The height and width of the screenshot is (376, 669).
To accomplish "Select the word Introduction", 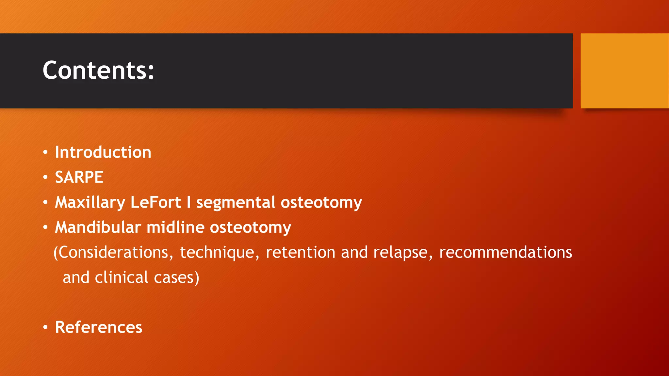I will click(103, 152).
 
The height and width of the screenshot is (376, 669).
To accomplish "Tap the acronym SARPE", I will click(79, 178).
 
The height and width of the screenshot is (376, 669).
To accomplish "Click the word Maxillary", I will click(90, 202).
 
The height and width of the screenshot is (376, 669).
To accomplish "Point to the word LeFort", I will click(155, 202).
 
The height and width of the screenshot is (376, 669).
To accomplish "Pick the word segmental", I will click(236, 202).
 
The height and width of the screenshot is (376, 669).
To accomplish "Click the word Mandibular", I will click(98, 227).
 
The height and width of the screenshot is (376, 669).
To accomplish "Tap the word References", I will click(99, 327).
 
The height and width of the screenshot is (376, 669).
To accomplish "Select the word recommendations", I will click(505, 253).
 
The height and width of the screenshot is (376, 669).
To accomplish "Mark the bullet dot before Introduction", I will click(45, 152).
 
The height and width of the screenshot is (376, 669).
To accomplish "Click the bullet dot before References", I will click(45, 327).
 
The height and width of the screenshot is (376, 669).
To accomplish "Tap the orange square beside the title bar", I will click(625, 71).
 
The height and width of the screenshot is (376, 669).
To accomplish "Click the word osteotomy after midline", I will click(250, 227).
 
